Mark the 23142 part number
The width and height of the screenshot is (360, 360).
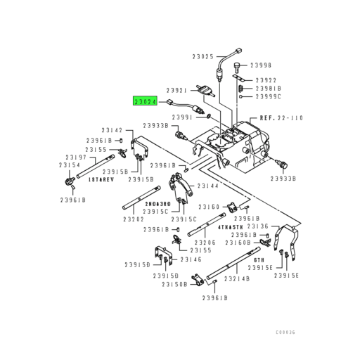(112, 130)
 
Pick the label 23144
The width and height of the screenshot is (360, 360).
(207, 186)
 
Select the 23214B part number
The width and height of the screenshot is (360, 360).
(237, 278)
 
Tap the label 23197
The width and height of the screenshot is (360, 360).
(76, 157)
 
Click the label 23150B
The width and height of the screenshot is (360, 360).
(174, 285)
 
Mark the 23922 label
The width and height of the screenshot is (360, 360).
(266, 80)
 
